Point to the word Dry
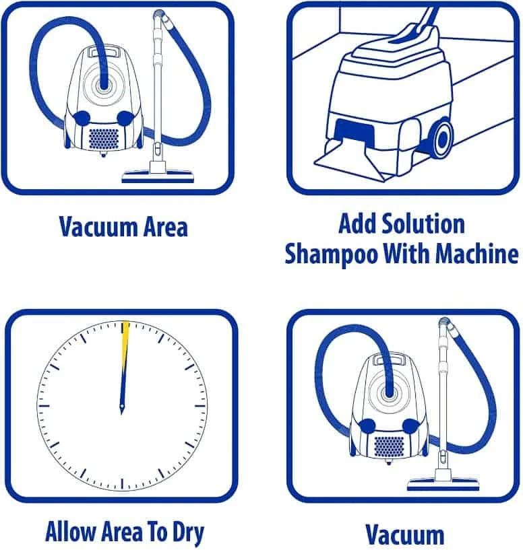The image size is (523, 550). point(188,532)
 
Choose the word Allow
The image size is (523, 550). point(70,531)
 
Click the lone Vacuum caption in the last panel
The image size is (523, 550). point(404,535)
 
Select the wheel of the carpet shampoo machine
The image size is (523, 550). point(442,139)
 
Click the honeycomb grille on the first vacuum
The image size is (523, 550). point(104,138)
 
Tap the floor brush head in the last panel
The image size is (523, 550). point(443,485)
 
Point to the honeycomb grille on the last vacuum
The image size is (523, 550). point(389,446)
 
